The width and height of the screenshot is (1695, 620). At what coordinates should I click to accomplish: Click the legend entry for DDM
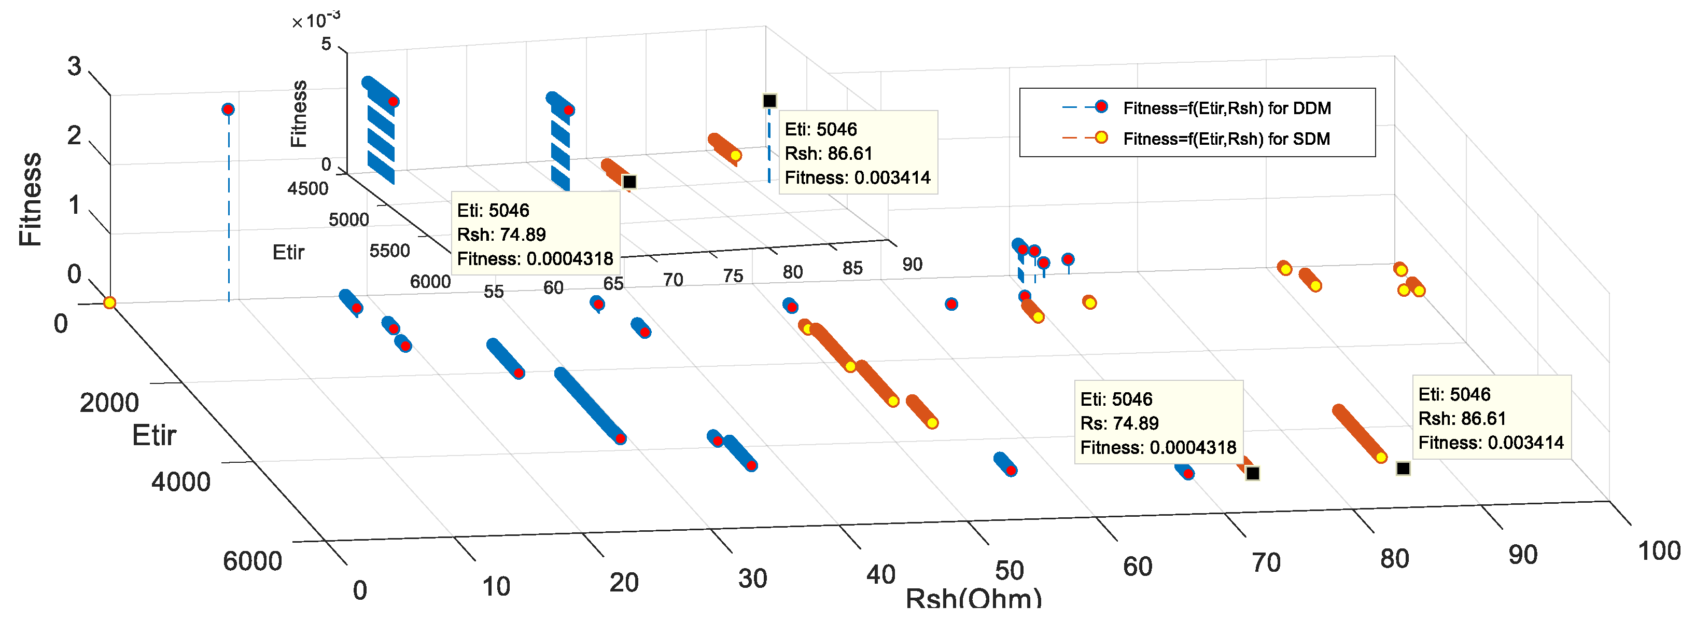pos(1226,108)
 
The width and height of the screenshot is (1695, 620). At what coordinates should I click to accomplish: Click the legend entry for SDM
pos(1226,139)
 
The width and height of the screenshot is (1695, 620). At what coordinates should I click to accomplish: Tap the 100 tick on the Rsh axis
pos(1658,551)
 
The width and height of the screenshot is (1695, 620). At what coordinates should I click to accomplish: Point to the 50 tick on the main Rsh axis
pos(1008,571)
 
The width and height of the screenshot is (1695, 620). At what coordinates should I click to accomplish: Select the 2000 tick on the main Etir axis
pos(109,402)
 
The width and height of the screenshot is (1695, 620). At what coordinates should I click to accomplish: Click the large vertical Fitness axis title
pos(30,199)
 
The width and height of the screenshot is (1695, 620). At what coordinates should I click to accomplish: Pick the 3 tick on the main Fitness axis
pos(74,66)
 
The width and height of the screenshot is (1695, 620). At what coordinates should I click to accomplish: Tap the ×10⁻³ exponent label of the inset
pos(316,20)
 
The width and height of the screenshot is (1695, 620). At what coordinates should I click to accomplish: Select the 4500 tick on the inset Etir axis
pos(307,189)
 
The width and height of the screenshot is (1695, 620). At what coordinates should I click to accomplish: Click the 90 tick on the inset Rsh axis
pos(912,264)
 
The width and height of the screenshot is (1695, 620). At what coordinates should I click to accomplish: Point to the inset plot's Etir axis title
pos(288,252)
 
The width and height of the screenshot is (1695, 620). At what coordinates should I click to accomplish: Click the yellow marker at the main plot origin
pos(110,303)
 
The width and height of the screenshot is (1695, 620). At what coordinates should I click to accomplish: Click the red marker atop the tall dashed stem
pos(228,109)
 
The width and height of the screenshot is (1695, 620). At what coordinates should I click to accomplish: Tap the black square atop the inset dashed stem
pos(769,101)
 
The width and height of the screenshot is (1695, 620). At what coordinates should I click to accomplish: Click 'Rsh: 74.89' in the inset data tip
pos(501,235)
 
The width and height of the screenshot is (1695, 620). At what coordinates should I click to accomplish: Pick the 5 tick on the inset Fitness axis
pos(326,44)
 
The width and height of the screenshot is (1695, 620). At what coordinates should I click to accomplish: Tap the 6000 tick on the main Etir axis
pos(252,561)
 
